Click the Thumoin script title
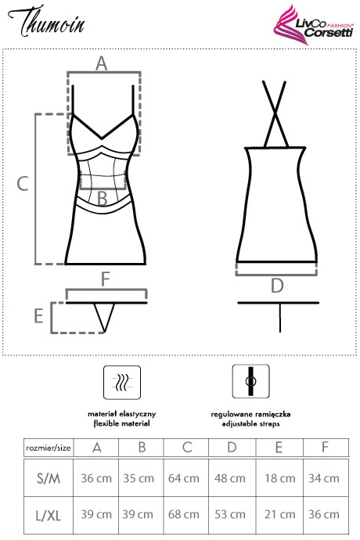[x=46, y=21]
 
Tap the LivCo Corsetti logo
[x=313, y=25]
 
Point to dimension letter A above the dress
[x=101, y=63]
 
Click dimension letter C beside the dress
[x=23, y=184]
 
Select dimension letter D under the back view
[x=277, y=286]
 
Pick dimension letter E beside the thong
[x=38, y=316]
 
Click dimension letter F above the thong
[x=106, y=279]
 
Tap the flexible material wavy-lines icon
[x=122, y=382]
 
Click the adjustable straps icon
[x=250, y=382]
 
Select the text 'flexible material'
[x=121, y=423]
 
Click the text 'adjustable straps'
[x=250, y=423]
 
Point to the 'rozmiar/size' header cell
[x=49, y=448]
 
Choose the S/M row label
[x=49, y=478]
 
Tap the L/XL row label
[x=49, y=516]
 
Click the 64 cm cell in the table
[x=184, y=478]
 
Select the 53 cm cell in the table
[x=230, y=514]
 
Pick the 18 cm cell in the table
[x=279, y=478]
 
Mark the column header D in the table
[x=232, y=448]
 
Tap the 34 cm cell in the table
[x=324, y=478]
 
